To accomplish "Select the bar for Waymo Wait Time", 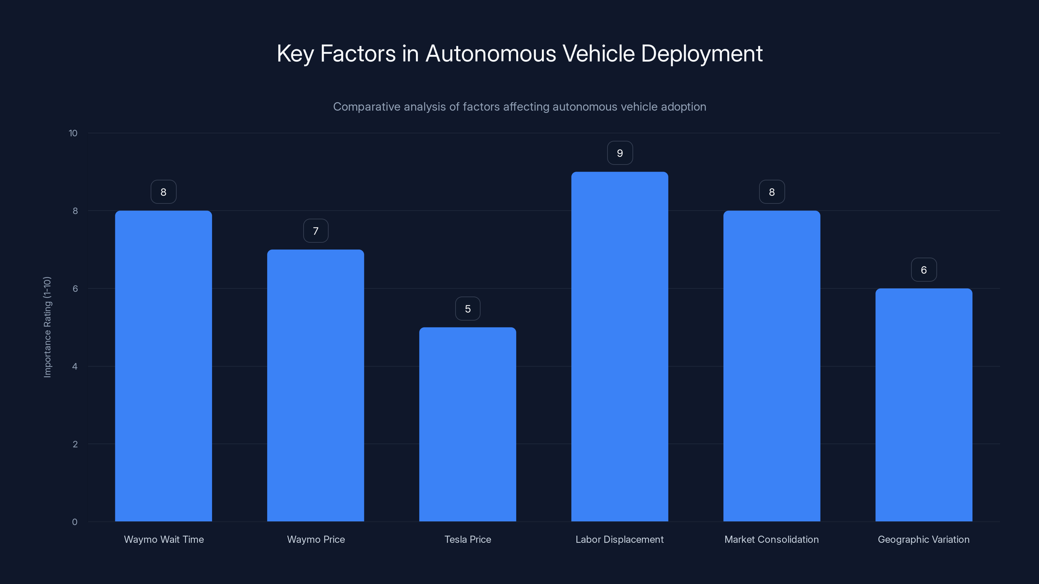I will pyautogui.click(x=163, y=366).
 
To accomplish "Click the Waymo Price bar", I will pyautogui.click(x=315, y=385).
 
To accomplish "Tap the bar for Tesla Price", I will pyautogui.click(x=468, y=424).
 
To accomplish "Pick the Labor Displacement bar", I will pyautogui.click(x=620, y=347).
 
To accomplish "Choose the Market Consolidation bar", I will pyautogui.click(x=771, y=366).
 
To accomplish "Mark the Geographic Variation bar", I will pyautogui.click(x=924, y=405).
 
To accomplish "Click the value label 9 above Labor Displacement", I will pyautogui.click(x=620, y=153).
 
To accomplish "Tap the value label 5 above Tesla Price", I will pyautogui.click(x=468, y=309).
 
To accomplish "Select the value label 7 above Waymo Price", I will pyautogui.click(x=316, y=231).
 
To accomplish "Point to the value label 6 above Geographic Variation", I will pyautogui.click(x=924, y=270).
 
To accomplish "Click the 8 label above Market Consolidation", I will pyautogui.click(x=771, y=192).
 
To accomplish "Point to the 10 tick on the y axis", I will pyautogui.click(x=73, y=133).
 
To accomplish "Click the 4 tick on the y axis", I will pyautogui.click(x=75, y=366).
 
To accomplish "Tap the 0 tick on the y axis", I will pyautogui.click(x=75, y=522).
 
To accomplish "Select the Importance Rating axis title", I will pyautogui.click(x=48, y=327).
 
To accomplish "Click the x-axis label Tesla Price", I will pyautogui.click(x=468, y=539).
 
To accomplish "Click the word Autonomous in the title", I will pyautogui.click(x=491, y=54).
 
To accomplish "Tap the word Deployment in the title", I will pyautogui.click(x=701, y=54).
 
